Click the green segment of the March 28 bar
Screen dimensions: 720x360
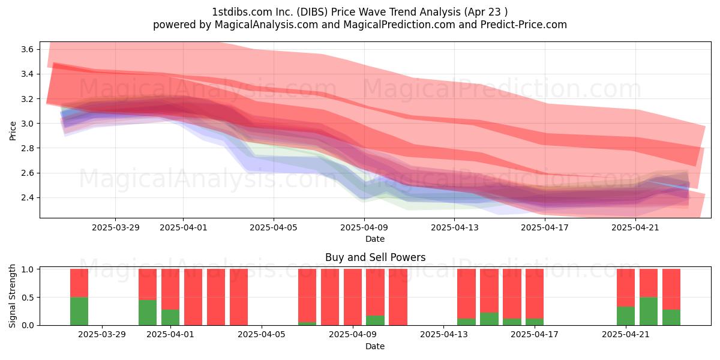pos(79,311)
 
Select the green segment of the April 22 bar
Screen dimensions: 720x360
pos(649,311)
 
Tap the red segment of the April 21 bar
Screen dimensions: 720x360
pos(625,287)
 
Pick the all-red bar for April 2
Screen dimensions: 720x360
pos(193,297)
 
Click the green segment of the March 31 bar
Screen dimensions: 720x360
pos(148,313)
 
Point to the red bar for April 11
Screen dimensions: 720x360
pos(398,297)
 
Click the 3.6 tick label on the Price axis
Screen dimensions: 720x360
pos(28,49)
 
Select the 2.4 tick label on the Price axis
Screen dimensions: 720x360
pos(28,197)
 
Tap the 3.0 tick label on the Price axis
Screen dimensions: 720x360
pos(28,124)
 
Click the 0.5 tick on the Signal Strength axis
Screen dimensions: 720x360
pos(28,298)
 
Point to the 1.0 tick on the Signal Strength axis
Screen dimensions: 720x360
pos(28,269)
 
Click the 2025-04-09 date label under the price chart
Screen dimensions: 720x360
pos(364,227)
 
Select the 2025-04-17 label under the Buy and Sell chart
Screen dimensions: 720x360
pos(535,334)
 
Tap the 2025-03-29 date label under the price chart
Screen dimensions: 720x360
pos(116,227)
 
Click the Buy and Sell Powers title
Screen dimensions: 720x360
pos(375,257)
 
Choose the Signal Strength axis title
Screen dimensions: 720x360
pos(12,296)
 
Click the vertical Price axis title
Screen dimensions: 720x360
pos(13,131)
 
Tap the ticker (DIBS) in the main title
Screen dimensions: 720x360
pos(312,12)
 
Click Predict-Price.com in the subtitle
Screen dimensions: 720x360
pos(524,25)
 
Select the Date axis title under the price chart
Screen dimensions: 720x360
pos(375,239)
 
